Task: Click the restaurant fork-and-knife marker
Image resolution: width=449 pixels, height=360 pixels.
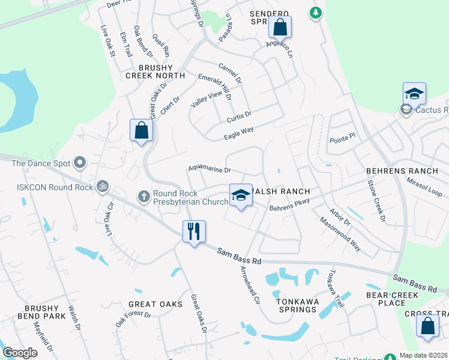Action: (194, 230)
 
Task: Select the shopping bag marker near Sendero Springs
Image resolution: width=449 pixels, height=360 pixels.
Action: (280, 27)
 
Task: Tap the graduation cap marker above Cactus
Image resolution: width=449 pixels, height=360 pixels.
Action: (414, 94)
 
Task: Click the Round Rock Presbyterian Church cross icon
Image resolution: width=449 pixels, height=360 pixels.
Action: (143, 196)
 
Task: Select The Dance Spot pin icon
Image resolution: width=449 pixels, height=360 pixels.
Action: (79, 163)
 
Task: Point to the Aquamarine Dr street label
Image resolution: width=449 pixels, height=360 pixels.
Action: (209, 169)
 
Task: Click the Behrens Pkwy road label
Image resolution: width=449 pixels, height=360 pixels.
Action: (289, 205)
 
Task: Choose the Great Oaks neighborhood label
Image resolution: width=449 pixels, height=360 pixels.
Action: (155, 304)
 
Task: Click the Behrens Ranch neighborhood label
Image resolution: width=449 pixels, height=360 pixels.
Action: (402, 171)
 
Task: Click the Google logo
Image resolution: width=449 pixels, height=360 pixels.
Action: (20, 353)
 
